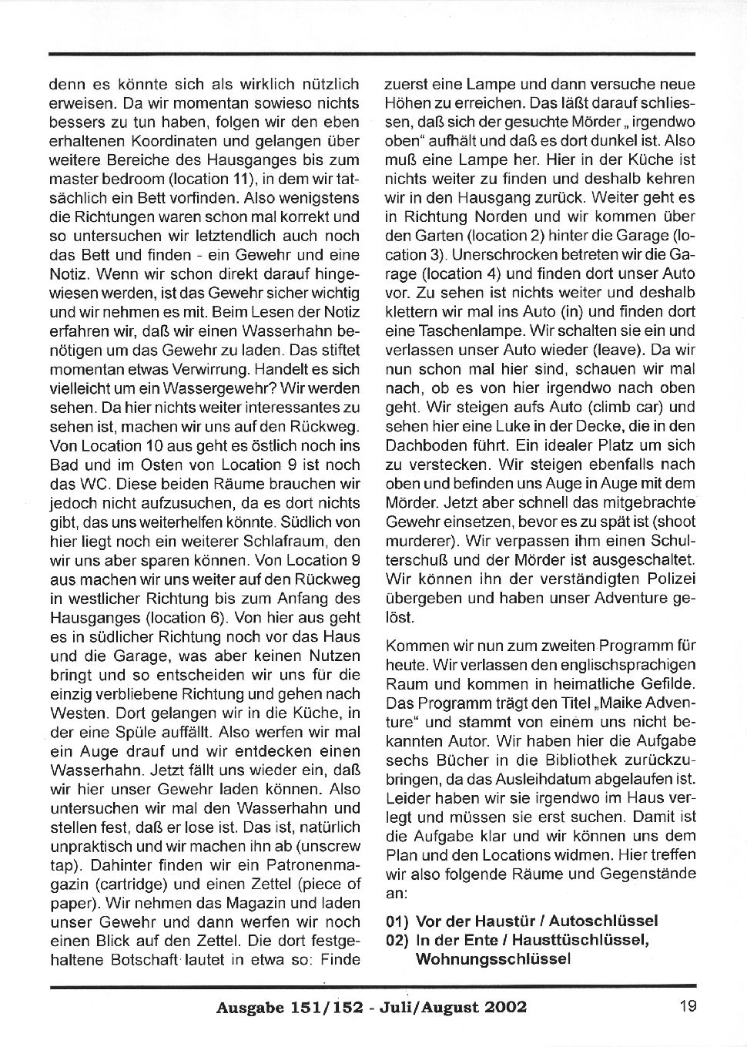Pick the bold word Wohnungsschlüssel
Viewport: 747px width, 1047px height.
pyautogui.click(x=493, y=959)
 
